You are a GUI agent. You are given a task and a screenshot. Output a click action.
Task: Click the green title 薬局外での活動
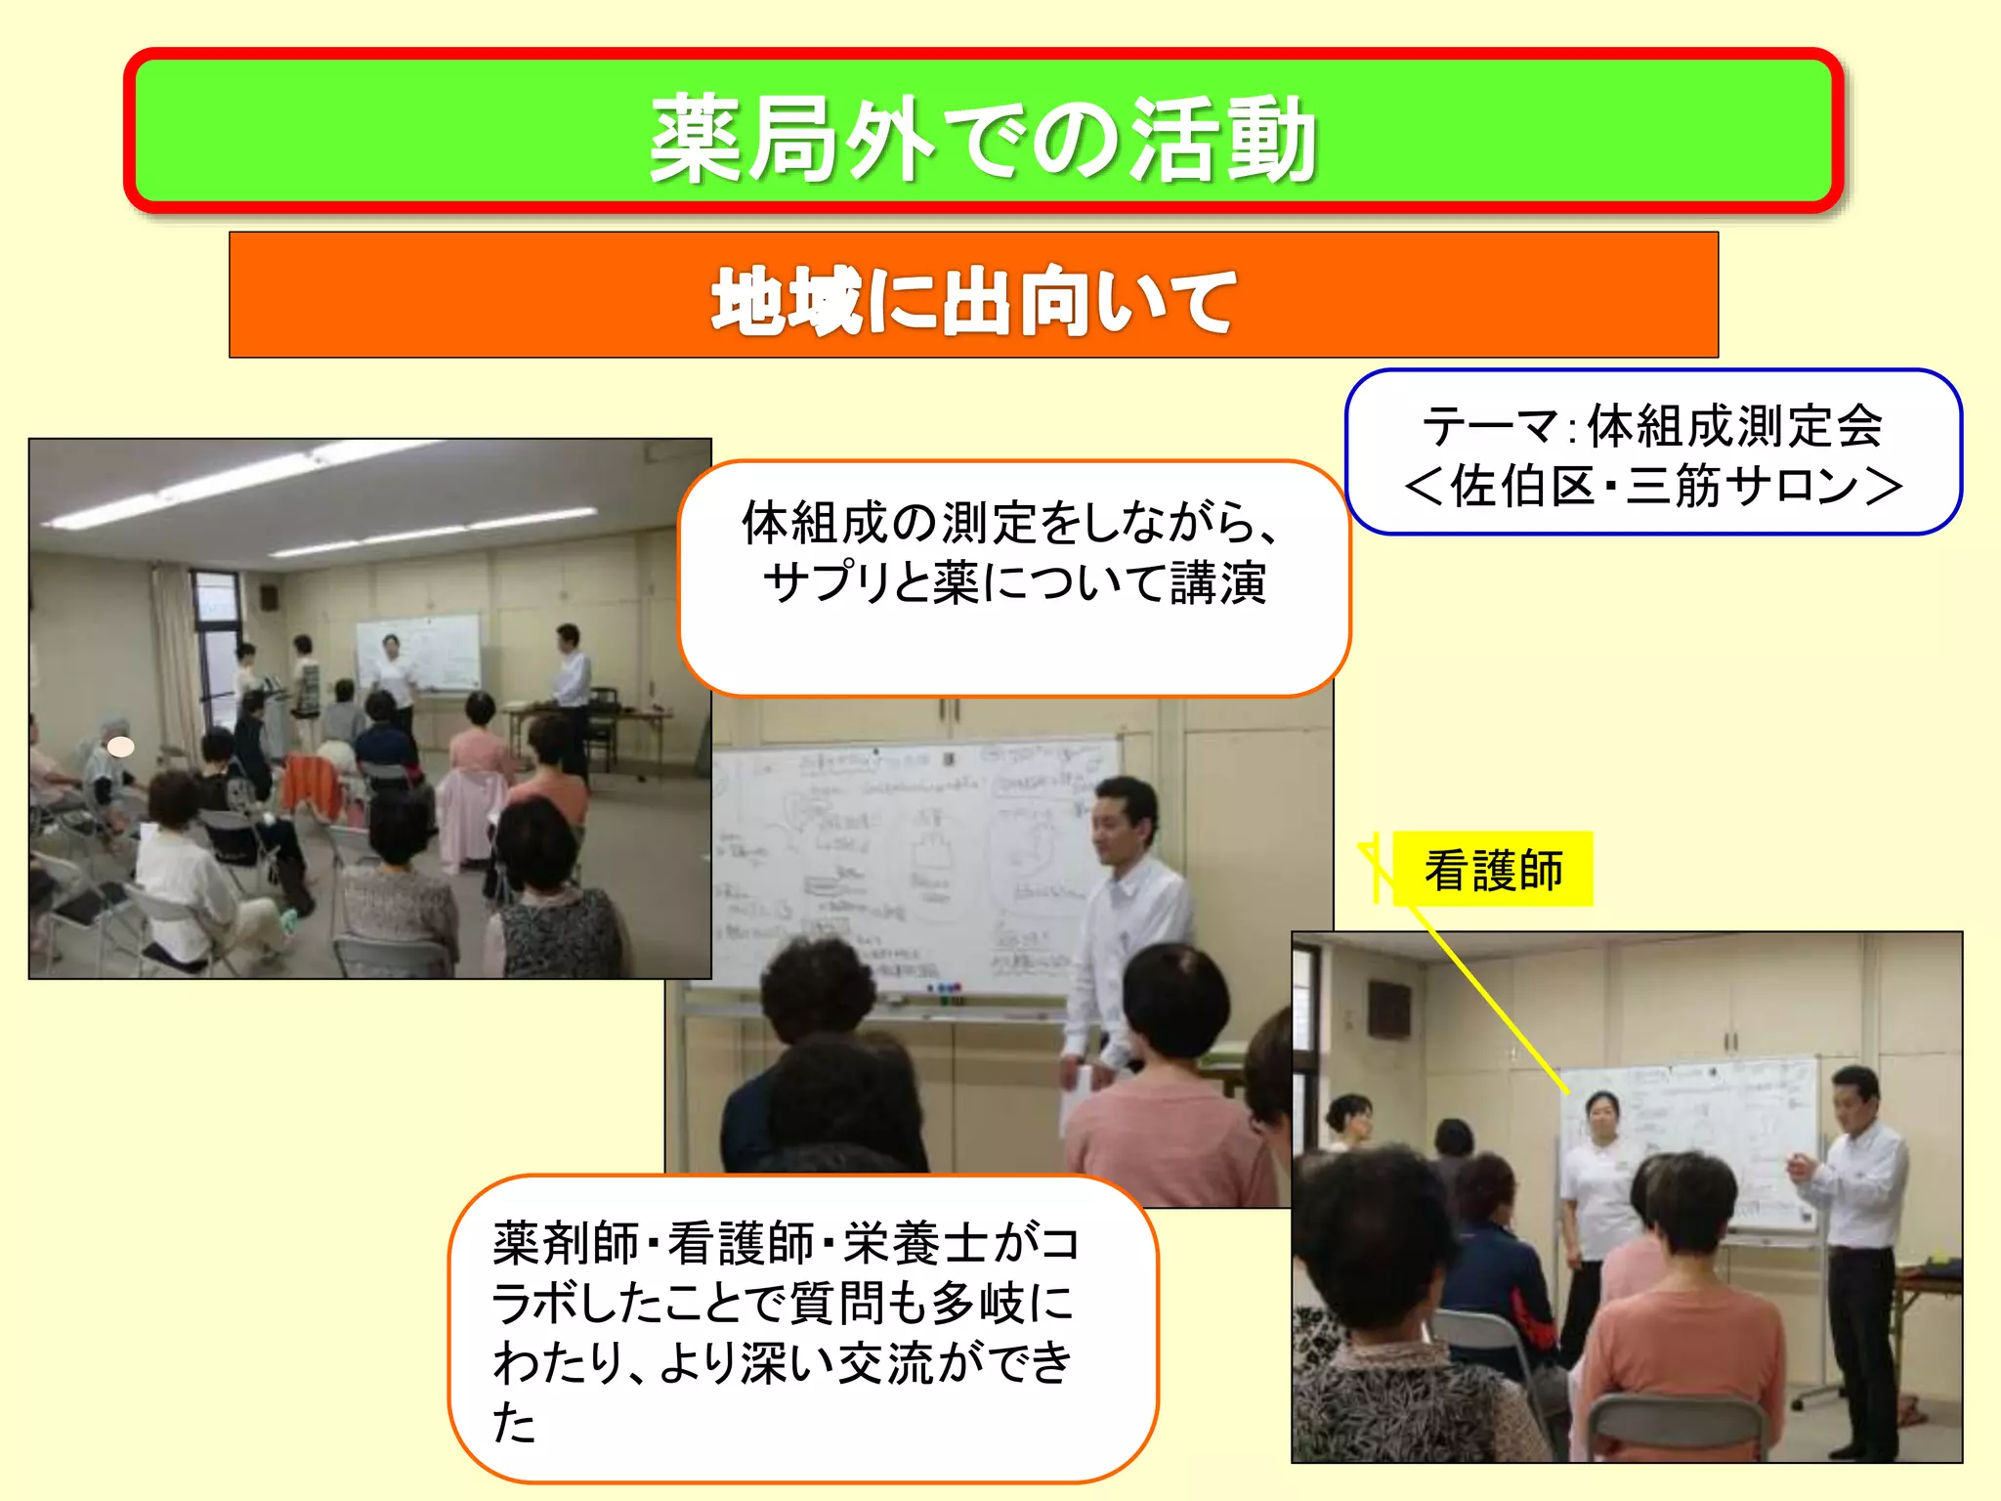tap(983, 139)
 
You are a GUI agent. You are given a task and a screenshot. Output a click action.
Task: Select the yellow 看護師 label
tap(1493, 870)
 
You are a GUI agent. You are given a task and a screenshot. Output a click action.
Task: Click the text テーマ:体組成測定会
tap(1652, 426)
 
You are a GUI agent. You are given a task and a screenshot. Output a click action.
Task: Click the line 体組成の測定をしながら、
tap(1011, 522)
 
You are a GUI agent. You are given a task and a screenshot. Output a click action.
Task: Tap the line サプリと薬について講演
tap(1013, 582)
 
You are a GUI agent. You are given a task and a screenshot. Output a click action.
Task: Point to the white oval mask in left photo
tap(120, 748)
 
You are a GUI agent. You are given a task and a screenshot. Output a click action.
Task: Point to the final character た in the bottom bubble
tap(514, 1421)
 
